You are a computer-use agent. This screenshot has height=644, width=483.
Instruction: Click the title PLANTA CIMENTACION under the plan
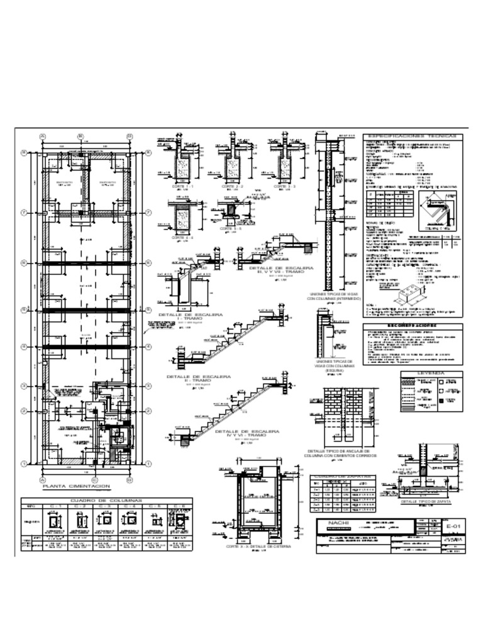point(76,486)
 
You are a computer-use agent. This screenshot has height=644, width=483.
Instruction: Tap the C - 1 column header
point(55,506)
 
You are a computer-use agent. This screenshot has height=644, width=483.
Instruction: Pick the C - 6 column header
point(178,506)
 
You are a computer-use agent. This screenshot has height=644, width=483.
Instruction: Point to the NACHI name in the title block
point(333,523)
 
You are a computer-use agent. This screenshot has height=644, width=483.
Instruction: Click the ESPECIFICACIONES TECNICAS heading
point(413,136)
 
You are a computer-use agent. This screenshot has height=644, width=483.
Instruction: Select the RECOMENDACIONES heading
point(413,326)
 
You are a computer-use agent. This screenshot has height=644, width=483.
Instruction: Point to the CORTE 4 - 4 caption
point(183,238)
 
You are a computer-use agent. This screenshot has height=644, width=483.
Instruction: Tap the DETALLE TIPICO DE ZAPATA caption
point(427,502)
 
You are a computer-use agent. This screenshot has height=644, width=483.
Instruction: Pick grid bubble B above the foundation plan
point(80,136)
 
